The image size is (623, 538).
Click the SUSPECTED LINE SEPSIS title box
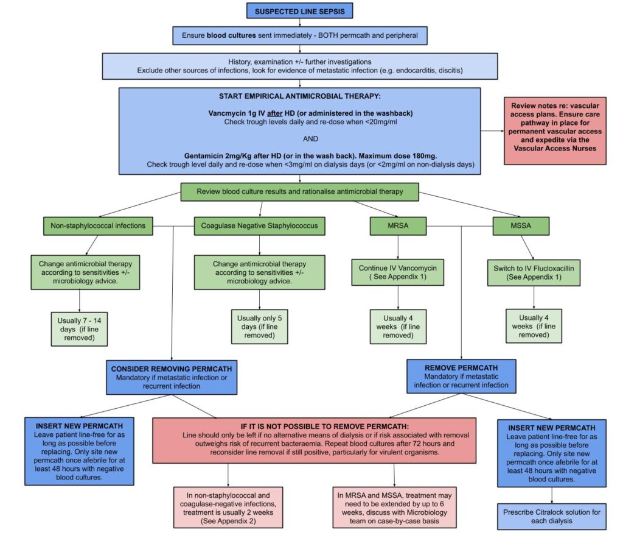click(299, 12)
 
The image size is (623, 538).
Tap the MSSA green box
click(521, 225)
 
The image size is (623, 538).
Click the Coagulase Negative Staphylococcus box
click(260, 225)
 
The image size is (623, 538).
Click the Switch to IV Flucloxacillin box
click(534, 271)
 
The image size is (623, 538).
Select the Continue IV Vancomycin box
click(398, 271)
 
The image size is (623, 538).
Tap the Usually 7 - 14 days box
click(80, 329)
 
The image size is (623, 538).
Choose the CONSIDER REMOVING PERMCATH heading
click(172, 369)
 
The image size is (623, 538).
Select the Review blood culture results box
click(300, 192)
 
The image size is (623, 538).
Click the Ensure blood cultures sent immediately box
click(299, 35)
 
